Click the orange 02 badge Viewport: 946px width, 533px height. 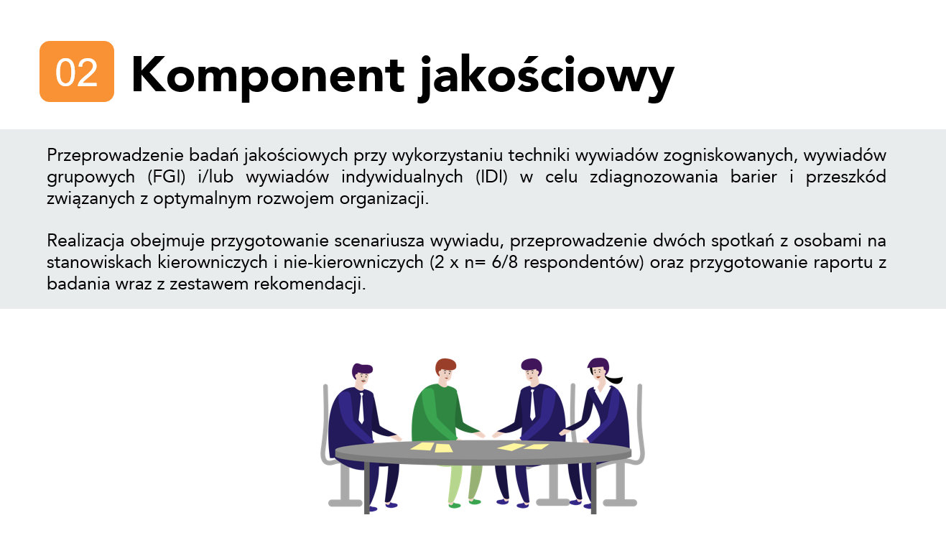pos(77,71)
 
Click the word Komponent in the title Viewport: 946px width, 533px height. pos(268,75)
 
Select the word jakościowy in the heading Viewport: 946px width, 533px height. pos(547,78)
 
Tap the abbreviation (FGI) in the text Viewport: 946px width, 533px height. pos(167,177)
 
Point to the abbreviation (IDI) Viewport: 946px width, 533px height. pos(491,177)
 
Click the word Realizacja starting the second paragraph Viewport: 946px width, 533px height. pos(85,241)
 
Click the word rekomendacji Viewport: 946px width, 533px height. pos(310,284)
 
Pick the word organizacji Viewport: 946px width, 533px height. pos(384,198)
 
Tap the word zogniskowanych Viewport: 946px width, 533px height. pos(731,155)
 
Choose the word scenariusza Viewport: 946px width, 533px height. pos(379,241)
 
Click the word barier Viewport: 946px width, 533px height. pos(753,177)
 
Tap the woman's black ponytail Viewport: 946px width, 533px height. pos(613,379)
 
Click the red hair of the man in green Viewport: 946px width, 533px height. pos(445,365)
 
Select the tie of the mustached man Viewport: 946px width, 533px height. pos(361,408)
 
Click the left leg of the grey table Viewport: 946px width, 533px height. pos(366,488)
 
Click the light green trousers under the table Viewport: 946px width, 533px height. pos(464,483)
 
